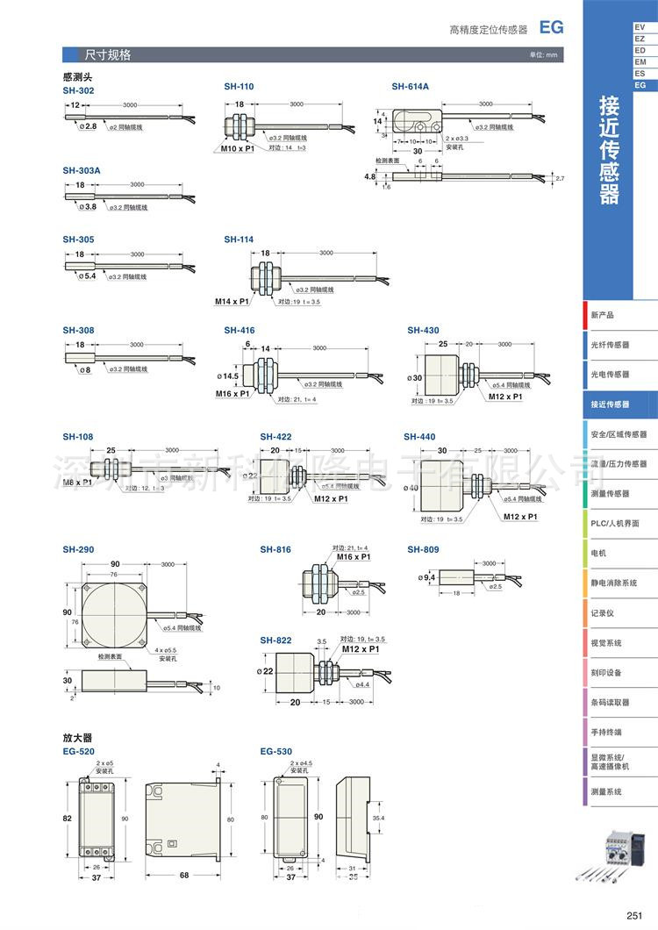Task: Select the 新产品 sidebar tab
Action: (x=603, y=315)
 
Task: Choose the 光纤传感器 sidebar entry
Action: (x=610, y=345)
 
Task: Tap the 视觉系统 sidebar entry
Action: (x=606, y=643)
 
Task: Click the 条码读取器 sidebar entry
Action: (x=610, y=702)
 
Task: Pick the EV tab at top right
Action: (x=640, y=28)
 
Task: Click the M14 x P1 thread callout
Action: (x=232, y=301)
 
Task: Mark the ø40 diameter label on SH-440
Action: (x=411, y=487)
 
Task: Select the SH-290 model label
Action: (x=78, y=549)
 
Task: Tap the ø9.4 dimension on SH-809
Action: (x=429, y=577)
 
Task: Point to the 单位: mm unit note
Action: (x=543, y=55)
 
